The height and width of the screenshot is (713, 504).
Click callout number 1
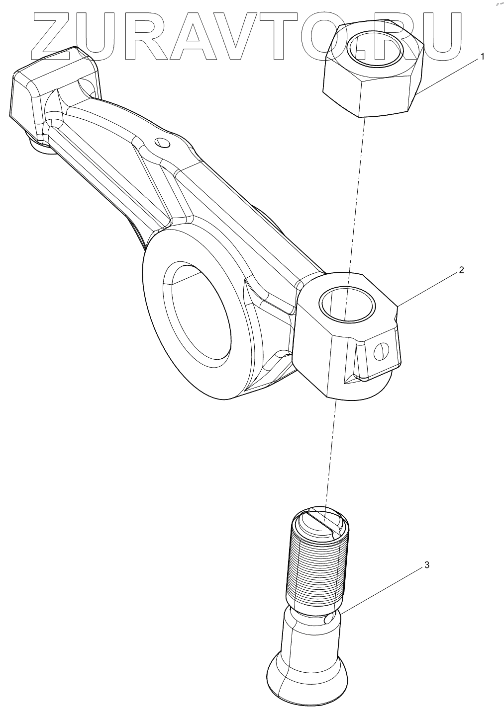click(x=482, y=57)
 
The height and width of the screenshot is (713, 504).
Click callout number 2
click(x=461, y=270)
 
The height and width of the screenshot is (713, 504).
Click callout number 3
click(x=427, y=565)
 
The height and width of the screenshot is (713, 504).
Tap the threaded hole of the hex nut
click(x=374, y=49)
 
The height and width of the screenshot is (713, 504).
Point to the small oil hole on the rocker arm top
click(x=162, y=143)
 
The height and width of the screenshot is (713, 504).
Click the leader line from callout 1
click(x=448, y=75)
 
